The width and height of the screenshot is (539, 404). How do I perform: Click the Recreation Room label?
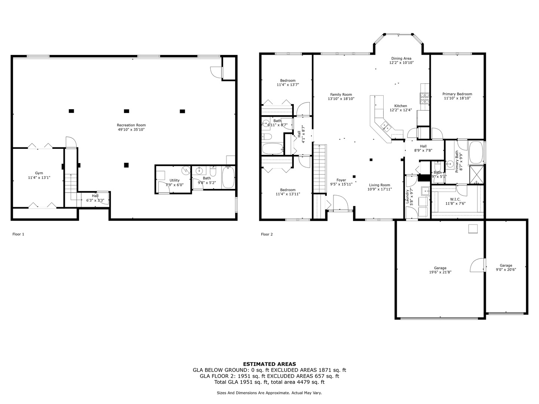click(x=131, y=125)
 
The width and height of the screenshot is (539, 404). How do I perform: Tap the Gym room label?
click(x=39, y=173)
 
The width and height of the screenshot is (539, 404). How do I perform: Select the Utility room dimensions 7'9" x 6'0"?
click(x=174, y=185)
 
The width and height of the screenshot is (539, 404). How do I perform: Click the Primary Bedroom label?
click(x=457, y=94)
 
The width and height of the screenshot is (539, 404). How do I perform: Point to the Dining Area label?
click(x=401, y=58)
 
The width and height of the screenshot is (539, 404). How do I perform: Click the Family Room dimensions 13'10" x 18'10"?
click(x=341, y=99)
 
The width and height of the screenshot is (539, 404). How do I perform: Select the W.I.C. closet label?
click(x=455, y=199)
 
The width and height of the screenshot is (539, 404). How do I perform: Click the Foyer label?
click(x=341, y=180)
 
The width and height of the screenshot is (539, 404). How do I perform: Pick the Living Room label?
click(x=380, y=185)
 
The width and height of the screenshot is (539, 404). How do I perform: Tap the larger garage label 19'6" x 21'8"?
click(x=440, y=272)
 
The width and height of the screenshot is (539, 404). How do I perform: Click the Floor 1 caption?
click(x=18, y=234)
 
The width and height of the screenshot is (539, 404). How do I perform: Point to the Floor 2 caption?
click(x=267, y=235)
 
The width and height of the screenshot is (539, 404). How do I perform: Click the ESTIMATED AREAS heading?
click(x=269, y=364)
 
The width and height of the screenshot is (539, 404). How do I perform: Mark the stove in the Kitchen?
click(x=424, y=98)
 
